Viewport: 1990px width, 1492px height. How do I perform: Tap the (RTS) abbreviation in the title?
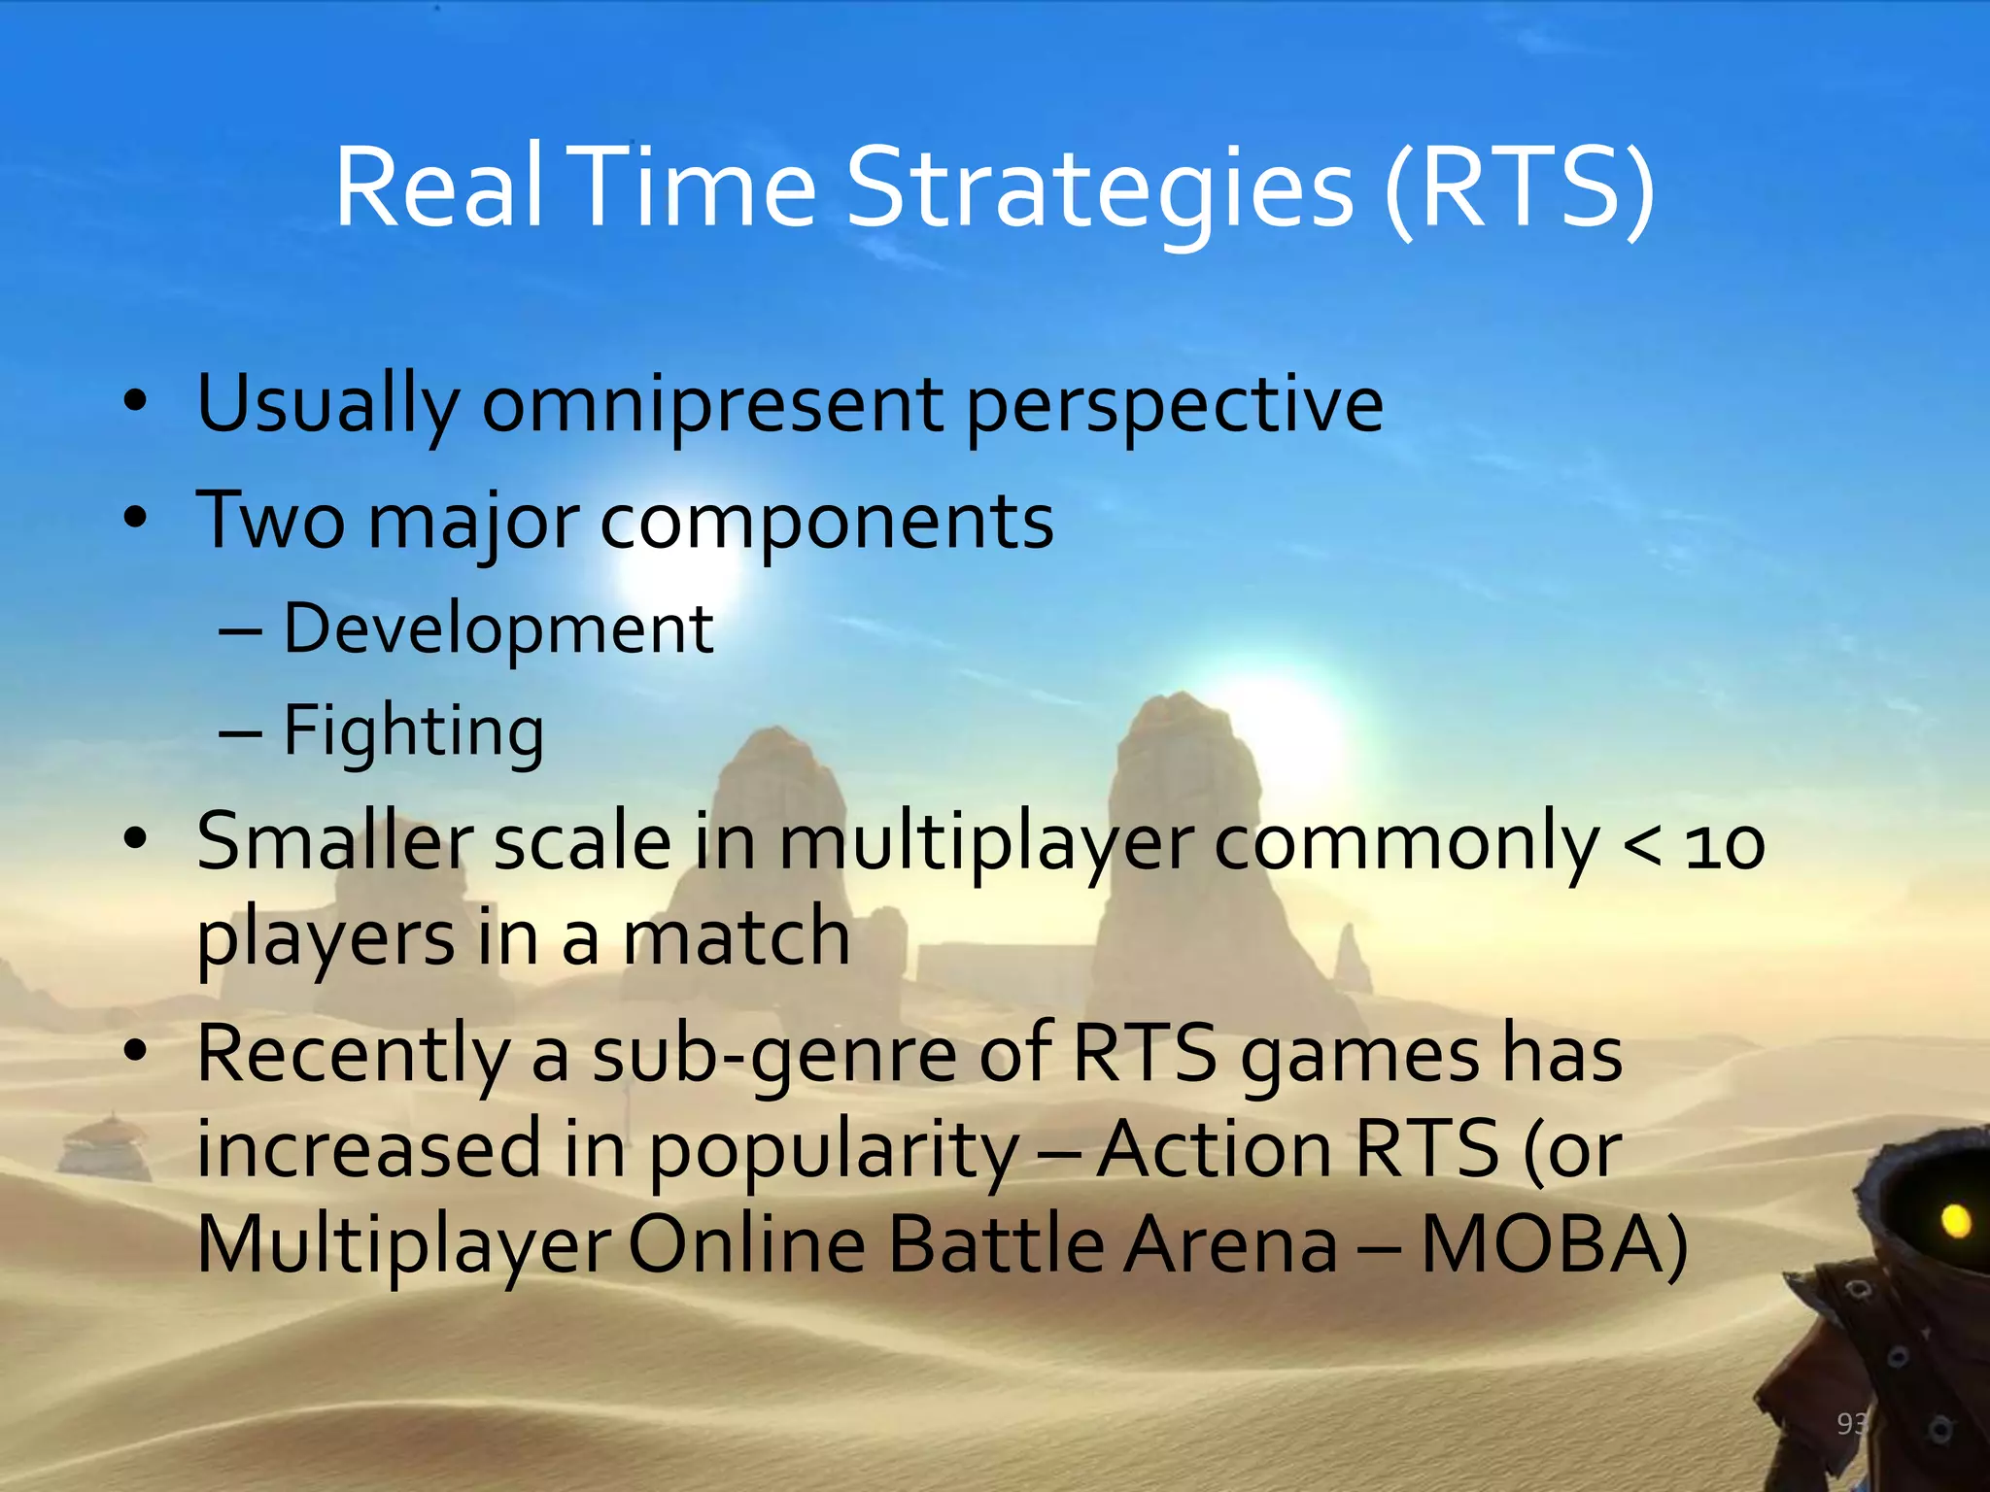(x=1520, y=189)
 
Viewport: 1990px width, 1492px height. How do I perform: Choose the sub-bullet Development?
(x=498, y=629)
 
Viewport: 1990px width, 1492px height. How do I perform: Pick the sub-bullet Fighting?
(x=413, y=732)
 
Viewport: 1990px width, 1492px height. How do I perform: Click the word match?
(x=736, y=937)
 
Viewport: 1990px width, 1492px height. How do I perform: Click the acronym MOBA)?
(x=1554, y=1246)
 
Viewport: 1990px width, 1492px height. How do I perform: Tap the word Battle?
(x=996, y=1246)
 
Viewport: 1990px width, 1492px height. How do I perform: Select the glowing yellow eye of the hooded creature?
(x=1954, y=1219)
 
